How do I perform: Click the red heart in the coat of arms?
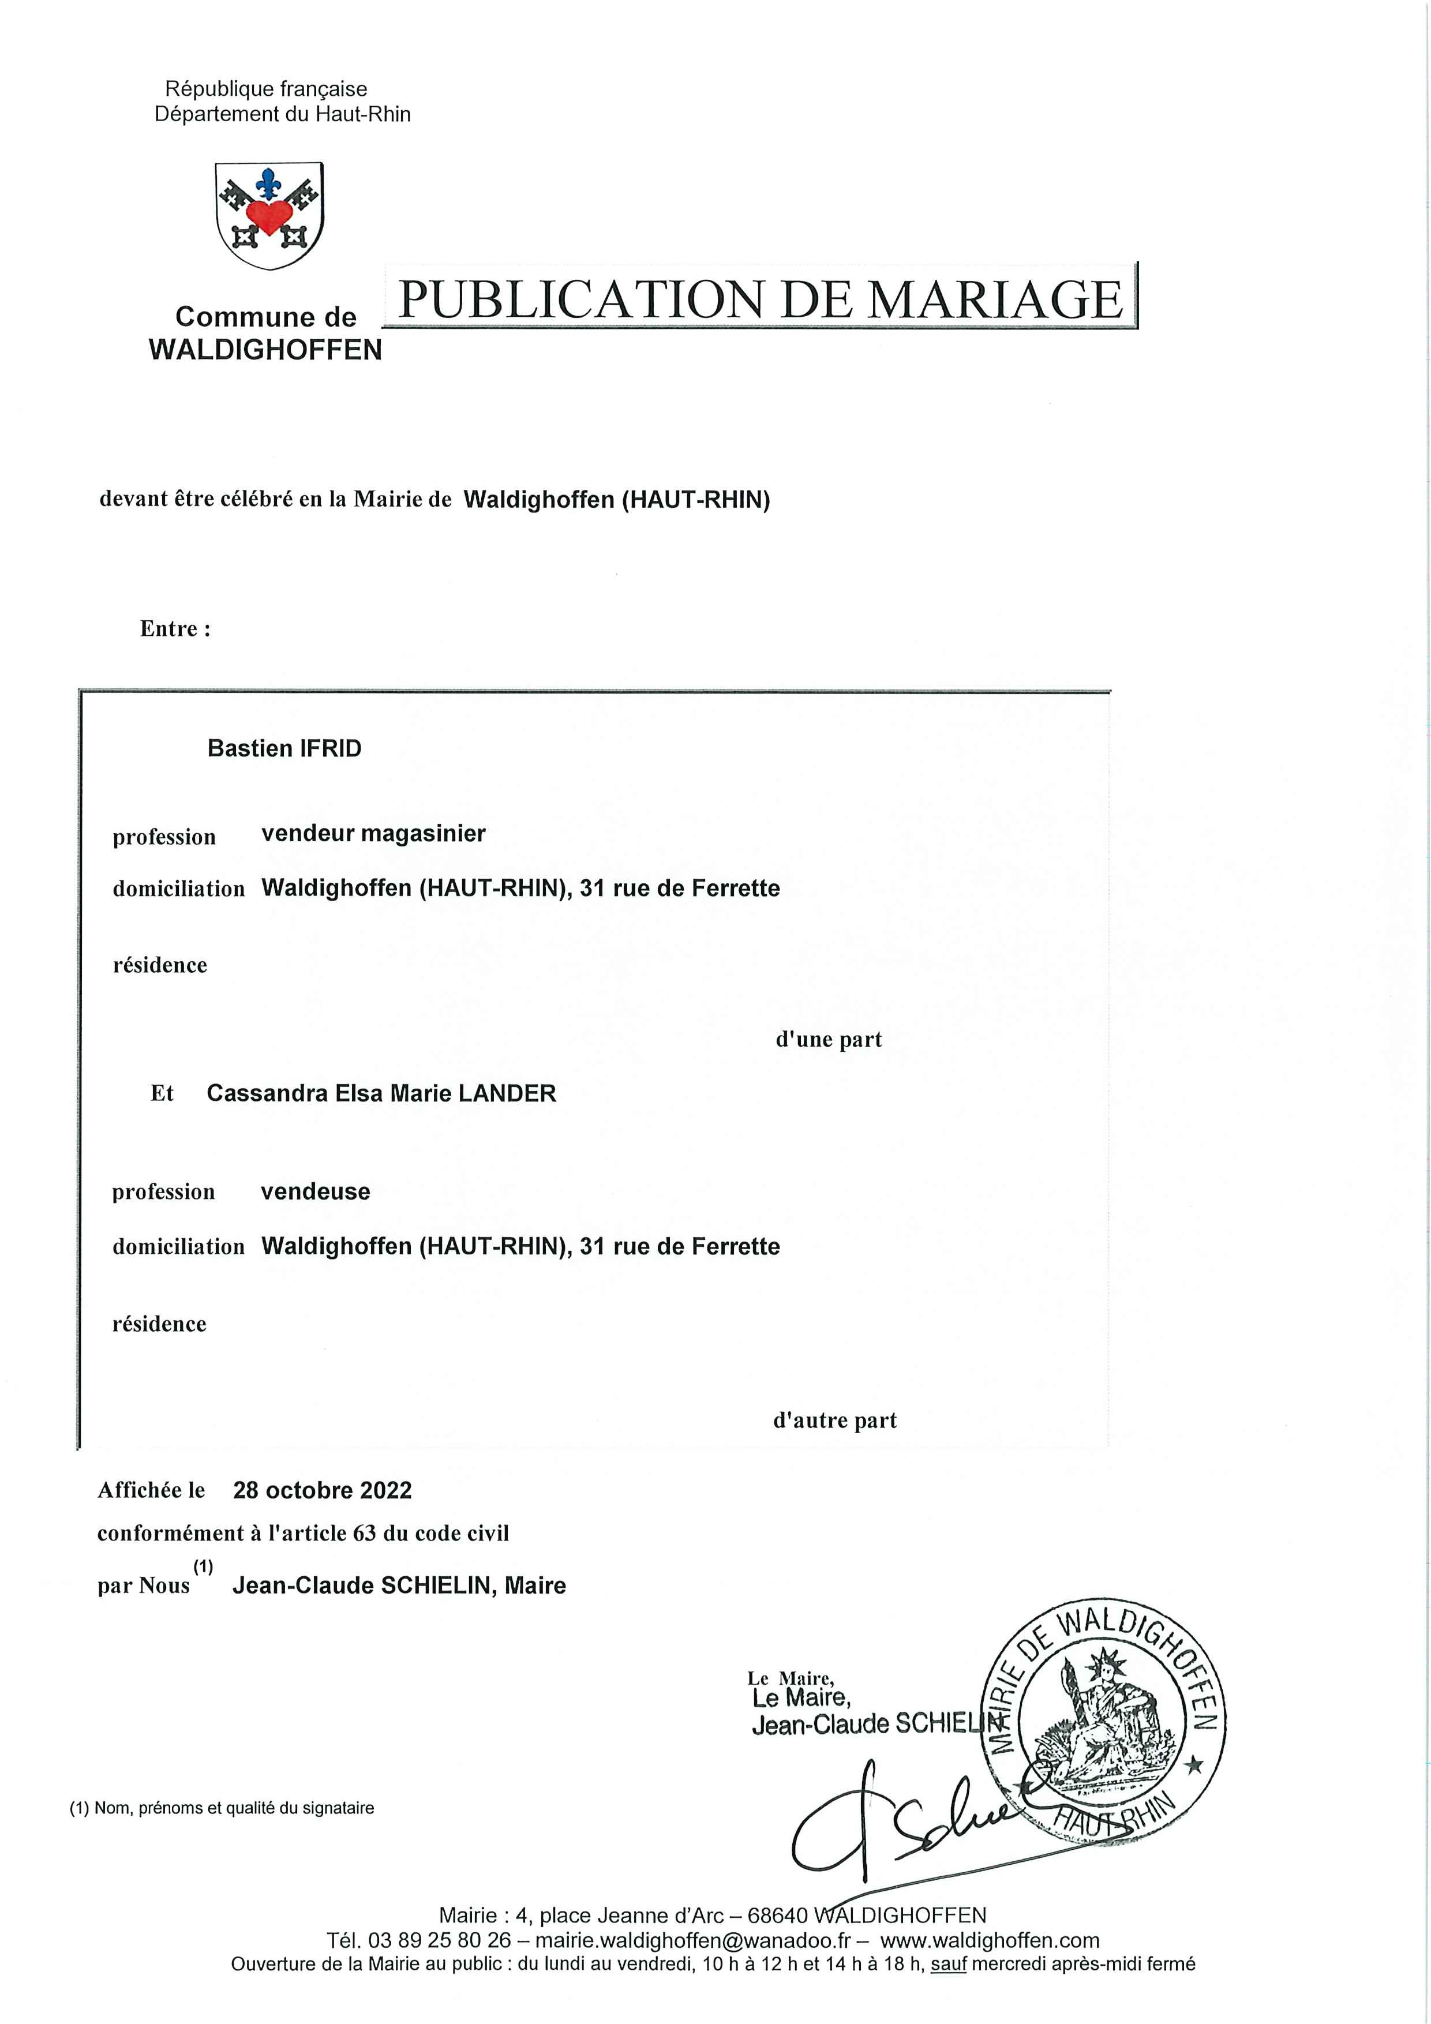click(269, 214)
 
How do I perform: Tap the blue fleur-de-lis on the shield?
click(268, 182)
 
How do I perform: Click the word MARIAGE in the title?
click(995, 299)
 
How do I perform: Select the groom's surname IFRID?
click(331, 748)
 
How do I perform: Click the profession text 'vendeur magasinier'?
click(373, 833)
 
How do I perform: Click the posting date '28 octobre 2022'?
click(322, 1490)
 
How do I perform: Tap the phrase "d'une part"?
click(828, 1039)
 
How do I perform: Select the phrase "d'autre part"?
click(834, 1420)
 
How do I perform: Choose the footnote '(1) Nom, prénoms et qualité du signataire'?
click(222, 1808)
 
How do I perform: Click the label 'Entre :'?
click(175, 628)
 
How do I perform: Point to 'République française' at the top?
click(266, 89)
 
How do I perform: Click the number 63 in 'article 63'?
click(364, 1533)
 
